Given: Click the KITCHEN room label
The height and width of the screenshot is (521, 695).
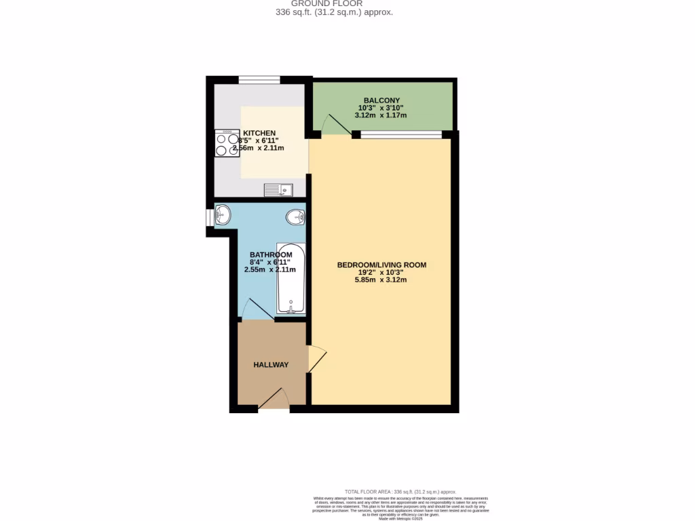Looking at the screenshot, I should click(x=259, y=133).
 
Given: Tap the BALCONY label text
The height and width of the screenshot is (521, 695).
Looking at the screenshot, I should click(x=381, y=100).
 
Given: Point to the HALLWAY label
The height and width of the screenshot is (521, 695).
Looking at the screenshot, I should click(x=271, y=365).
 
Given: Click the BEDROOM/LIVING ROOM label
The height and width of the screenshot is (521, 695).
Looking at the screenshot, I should click(x=381, y=265).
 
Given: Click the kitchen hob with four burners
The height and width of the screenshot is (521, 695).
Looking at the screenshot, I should click(x=227, y=143).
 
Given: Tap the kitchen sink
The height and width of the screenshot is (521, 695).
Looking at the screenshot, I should click(x=278, y=189).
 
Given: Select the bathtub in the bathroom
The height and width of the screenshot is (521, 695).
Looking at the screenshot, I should click(x=291, y=278).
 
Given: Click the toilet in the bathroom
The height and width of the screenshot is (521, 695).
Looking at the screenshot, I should click(x=295, y=217).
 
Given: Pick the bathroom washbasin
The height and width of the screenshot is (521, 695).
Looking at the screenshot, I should click(x=222, y=216).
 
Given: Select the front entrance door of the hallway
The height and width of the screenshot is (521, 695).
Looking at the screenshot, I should click(x=274, y=399).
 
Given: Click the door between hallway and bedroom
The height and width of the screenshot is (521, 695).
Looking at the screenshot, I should click(x=316, y=359).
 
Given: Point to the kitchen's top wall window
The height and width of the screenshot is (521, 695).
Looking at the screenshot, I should click(x=259, y=80).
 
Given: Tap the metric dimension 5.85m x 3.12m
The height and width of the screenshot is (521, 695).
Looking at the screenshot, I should click(x=381, y=280).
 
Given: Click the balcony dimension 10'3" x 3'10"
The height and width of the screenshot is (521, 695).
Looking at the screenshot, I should click(x=381, y=108).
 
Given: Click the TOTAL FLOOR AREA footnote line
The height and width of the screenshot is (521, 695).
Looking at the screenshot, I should click(x=400, y=491).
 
